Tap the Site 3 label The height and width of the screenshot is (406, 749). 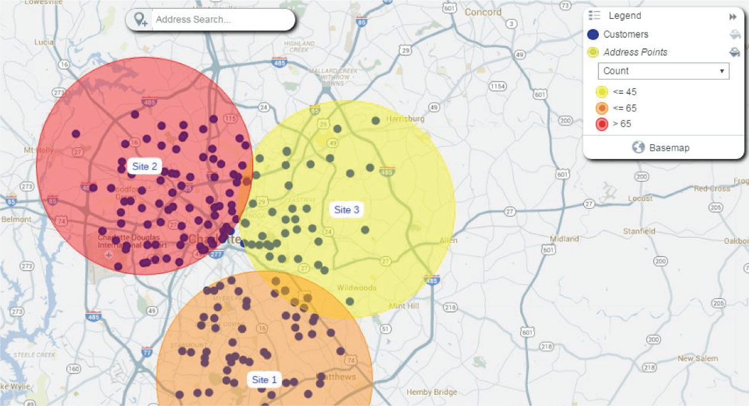(x=346, y=210)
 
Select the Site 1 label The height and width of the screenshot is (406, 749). (x=264, y=380)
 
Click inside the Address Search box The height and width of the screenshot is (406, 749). (x=222, y=20)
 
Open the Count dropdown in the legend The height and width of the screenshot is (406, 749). (x=663, y=71)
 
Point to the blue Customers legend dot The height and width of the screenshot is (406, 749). (x=594, y=34)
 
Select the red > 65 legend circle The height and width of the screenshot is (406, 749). (x=602, y=124)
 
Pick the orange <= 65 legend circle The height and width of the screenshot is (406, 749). (x=602, y=108)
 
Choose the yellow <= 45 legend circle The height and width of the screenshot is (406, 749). (x=602, y=92)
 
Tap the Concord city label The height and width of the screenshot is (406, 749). (x=483, y=12)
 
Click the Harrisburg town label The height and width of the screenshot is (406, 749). (x=405, y=119)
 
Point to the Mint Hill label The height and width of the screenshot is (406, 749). (x=404, y=306)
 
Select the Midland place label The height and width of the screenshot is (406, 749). (x=564, y=239)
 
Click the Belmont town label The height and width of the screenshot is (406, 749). (x=17, y=219)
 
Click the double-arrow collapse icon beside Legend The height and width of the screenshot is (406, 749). (x=733, y=17)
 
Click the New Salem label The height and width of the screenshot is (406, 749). (x=698, y=359)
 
